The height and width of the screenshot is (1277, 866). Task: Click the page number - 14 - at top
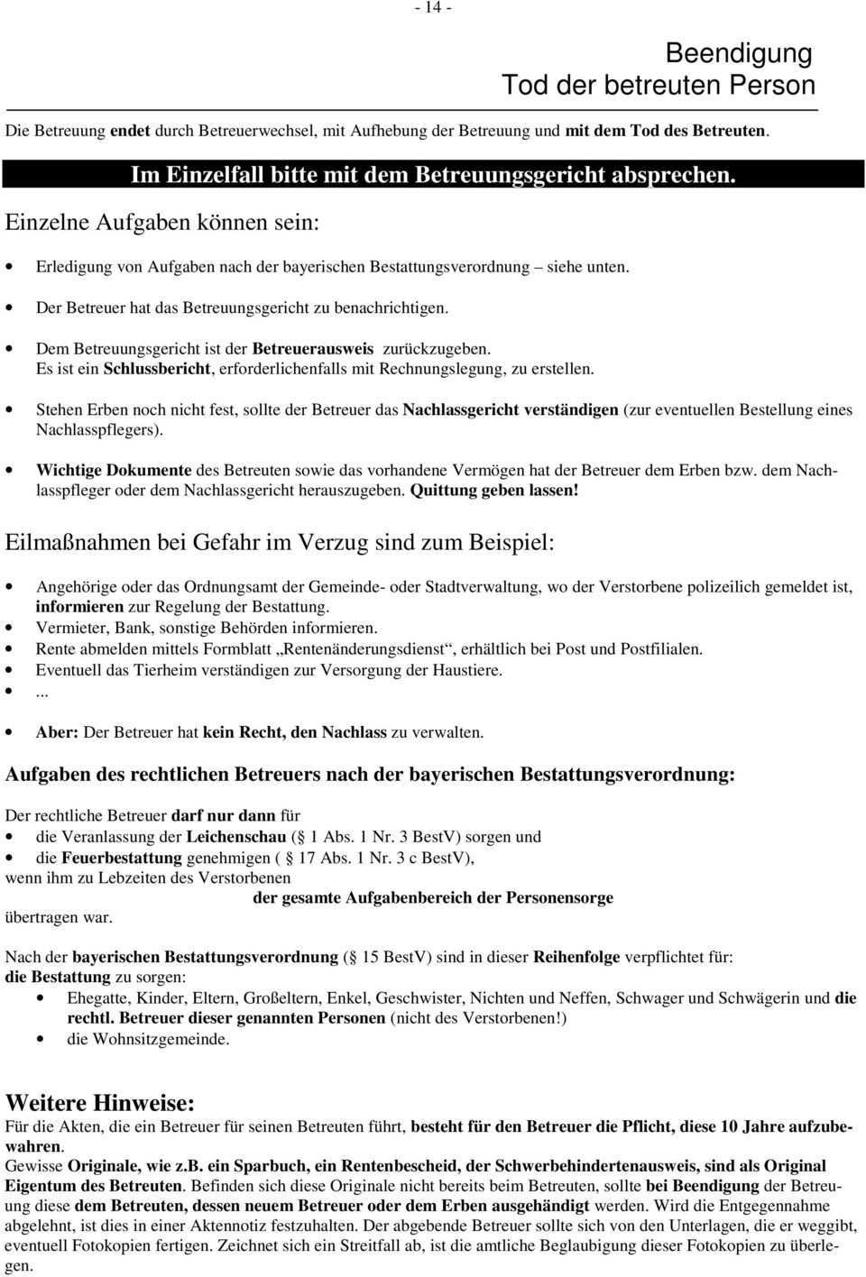tap(433, 8)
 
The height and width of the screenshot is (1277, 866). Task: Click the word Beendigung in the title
tap(739, 53)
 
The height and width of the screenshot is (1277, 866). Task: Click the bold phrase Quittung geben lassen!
tap(493, 491)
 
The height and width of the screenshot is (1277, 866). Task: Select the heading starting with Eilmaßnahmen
tap(281, 543)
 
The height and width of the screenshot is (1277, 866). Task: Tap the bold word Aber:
tap(57, 733)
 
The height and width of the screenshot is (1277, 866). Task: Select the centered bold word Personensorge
tap(559, 897)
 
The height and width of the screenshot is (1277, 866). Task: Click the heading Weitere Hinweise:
tap(100, 1103)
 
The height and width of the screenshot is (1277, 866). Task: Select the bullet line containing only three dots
tap(41, 693)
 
